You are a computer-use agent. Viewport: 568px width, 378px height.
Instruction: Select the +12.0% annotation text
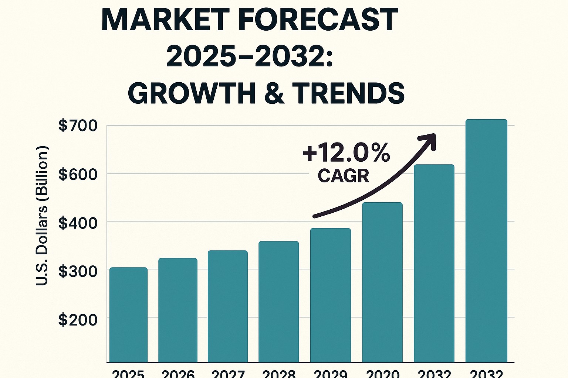(x=346, y=153)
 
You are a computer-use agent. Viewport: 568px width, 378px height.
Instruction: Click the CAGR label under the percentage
(x=344, y=176)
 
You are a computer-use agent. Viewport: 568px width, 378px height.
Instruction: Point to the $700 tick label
(x=78, y=126)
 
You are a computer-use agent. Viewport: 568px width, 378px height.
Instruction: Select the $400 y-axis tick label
(x=78, y=223)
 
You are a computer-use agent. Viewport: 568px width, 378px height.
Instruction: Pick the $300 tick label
(x=78, y=271)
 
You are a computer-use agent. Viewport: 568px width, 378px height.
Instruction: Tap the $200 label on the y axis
(x=78, y=319)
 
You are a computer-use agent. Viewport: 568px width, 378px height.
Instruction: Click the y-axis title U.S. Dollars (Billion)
(x=42, y=216)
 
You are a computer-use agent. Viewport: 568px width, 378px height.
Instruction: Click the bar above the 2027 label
(x=227, y=306)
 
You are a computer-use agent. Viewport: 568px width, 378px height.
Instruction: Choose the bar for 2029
(x=330, y=295)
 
